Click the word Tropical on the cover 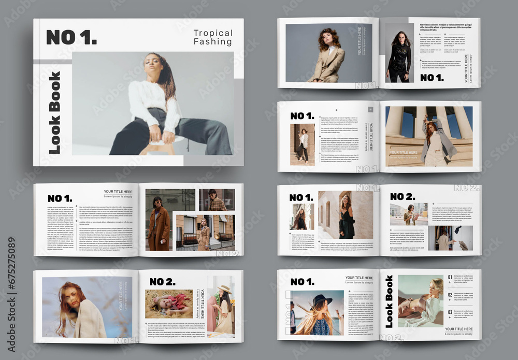[213, 33]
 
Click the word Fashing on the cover [213, 42]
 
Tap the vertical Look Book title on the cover [54, 112]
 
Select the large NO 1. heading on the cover [71, 37]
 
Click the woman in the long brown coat [158, 225]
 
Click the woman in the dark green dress [345, 218]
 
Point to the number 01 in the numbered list [450, 278]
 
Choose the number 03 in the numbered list [450, 312]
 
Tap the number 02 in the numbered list [450, 295]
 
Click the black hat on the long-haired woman [321, 299]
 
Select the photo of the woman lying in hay [169, 304]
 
